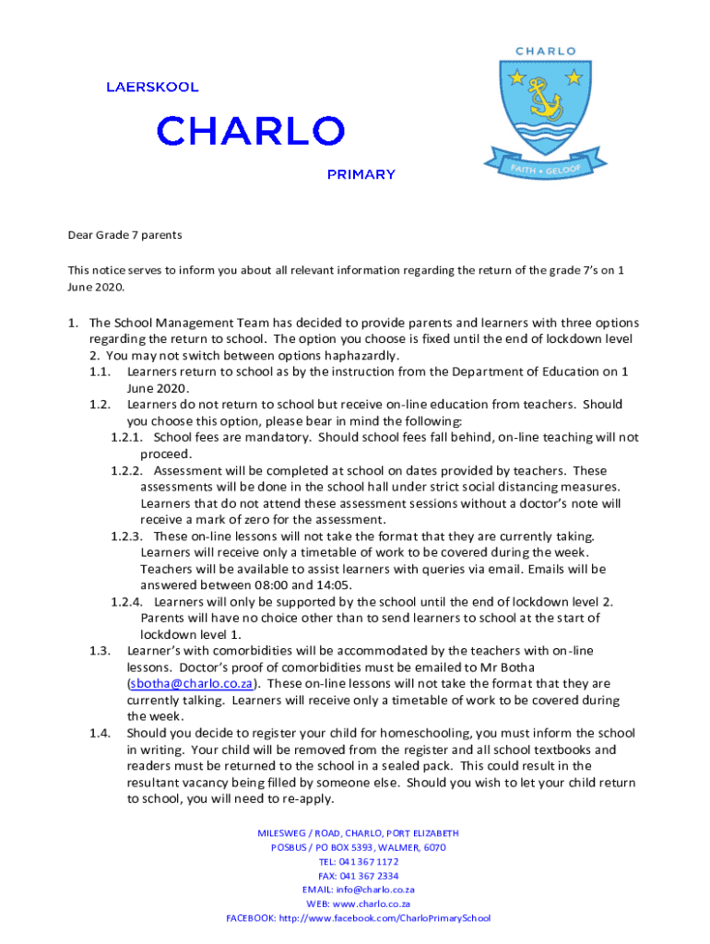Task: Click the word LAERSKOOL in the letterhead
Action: tap(151, 88)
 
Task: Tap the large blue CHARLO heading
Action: tap(250, 131)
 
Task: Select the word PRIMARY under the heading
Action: tap(361, 174)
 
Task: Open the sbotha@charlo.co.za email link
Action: tap(192, 684)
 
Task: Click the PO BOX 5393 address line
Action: tap(358, 847)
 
